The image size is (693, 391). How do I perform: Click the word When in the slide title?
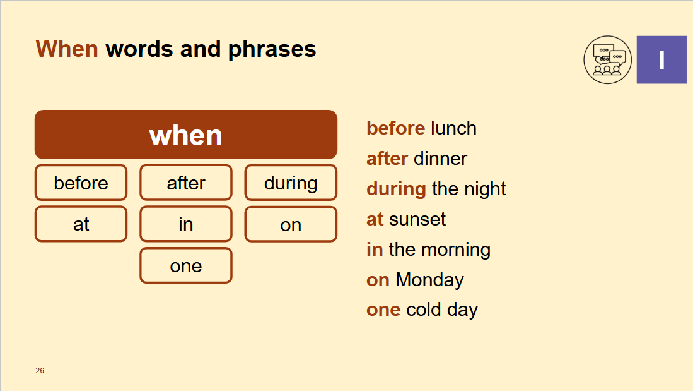(x=67, y=49)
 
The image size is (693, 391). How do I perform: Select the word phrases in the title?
(x=272, y=50)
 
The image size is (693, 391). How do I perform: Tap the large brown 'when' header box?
(x=186, y=135)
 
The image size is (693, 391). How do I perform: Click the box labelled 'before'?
(x=81, y=183)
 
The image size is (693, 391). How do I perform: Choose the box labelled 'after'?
(x=186, y=183)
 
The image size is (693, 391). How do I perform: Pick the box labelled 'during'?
(x=291, y=183)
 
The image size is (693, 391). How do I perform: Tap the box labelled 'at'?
(x=81, y=224)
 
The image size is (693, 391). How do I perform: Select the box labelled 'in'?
(x=186, y=224)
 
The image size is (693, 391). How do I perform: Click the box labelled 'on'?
(x=291, y=224)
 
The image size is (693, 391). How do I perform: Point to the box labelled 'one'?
(x=186, y=266)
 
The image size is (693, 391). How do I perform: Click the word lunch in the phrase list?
(x=453, y=128)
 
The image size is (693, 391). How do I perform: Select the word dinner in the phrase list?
(x=441, y=159)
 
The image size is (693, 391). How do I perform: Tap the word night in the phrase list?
(x=485, y=189)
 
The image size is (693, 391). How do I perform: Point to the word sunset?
(x=417, y=219)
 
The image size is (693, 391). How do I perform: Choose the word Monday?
(x=429, y=280)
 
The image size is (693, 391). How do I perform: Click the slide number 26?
(x=40, y=371)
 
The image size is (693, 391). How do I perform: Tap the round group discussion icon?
(x=608, y=60)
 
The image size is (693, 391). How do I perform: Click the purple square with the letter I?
(x=661, y=60)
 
